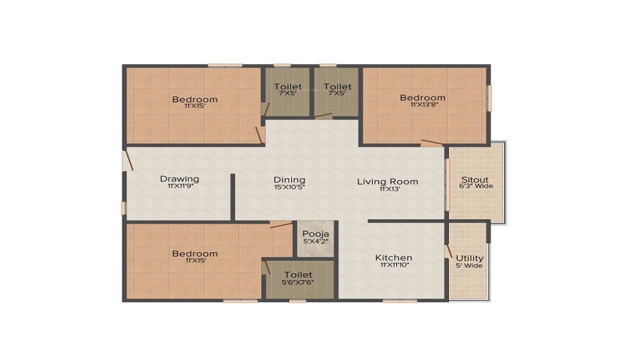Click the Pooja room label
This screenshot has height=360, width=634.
pyautogui.click(x=316, y=234)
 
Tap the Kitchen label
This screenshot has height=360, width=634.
pyautogui.click(x=394, y=258)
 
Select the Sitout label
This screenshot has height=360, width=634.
pyautogui.click(x=475, y=179)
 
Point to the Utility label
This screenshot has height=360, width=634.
pyautogui.click(x=470, y=258)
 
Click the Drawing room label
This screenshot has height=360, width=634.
pyautogui.click(x=179, y=179)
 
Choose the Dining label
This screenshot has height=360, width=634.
pyautogui.click(x=290, y=180)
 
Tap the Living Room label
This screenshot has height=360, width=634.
pyautogui.click(x=387, y=182)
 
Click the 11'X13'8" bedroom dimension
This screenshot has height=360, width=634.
pyautogui.click(x=424, y=104)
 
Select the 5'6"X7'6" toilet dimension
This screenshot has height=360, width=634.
pyautogui.click(x=297, y=283)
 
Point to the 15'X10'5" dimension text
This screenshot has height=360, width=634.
pyautogui.click(x=290, y=187)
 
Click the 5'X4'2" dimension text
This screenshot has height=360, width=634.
pyautogui.click(x=316, y=241)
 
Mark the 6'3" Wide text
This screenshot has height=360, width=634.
pyautogui.click(x=476, y=186)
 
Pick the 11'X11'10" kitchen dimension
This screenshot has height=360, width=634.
pyautogui.click(x=394, y=265)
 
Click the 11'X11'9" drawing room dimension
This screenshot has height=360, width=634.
pyautogui.click(x=180, y=186)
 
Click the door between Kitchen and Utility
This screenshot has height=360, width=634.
pyautogui.click(x=448, y=250)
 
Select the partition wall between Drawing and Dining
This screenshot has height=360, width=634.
pyautogui.click(x=233, y=197)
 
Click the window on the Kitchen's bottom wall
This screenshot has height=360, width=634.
pyautogui.click(x=400, y=300)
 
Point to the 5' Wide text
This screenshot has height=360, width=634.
pyautogui.click(x=469, y=266)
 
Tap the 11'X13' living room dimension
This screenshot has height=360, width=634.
pyautogui.click(x=390, y=189)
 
